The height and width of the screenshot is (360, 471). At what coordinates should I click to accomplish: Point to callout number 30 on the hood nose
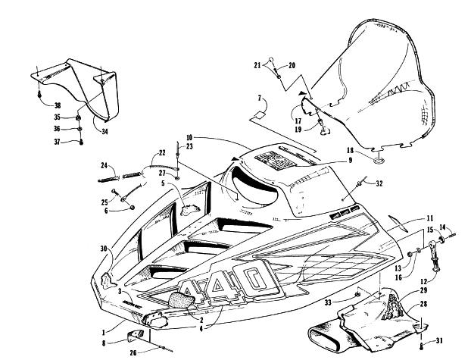click(103, 249)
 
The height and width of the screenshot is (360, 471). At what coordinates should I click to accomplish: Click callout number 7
click(258, 99)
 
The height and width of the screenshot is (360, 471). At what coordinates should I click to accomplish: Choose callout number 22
click(163, 153)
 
